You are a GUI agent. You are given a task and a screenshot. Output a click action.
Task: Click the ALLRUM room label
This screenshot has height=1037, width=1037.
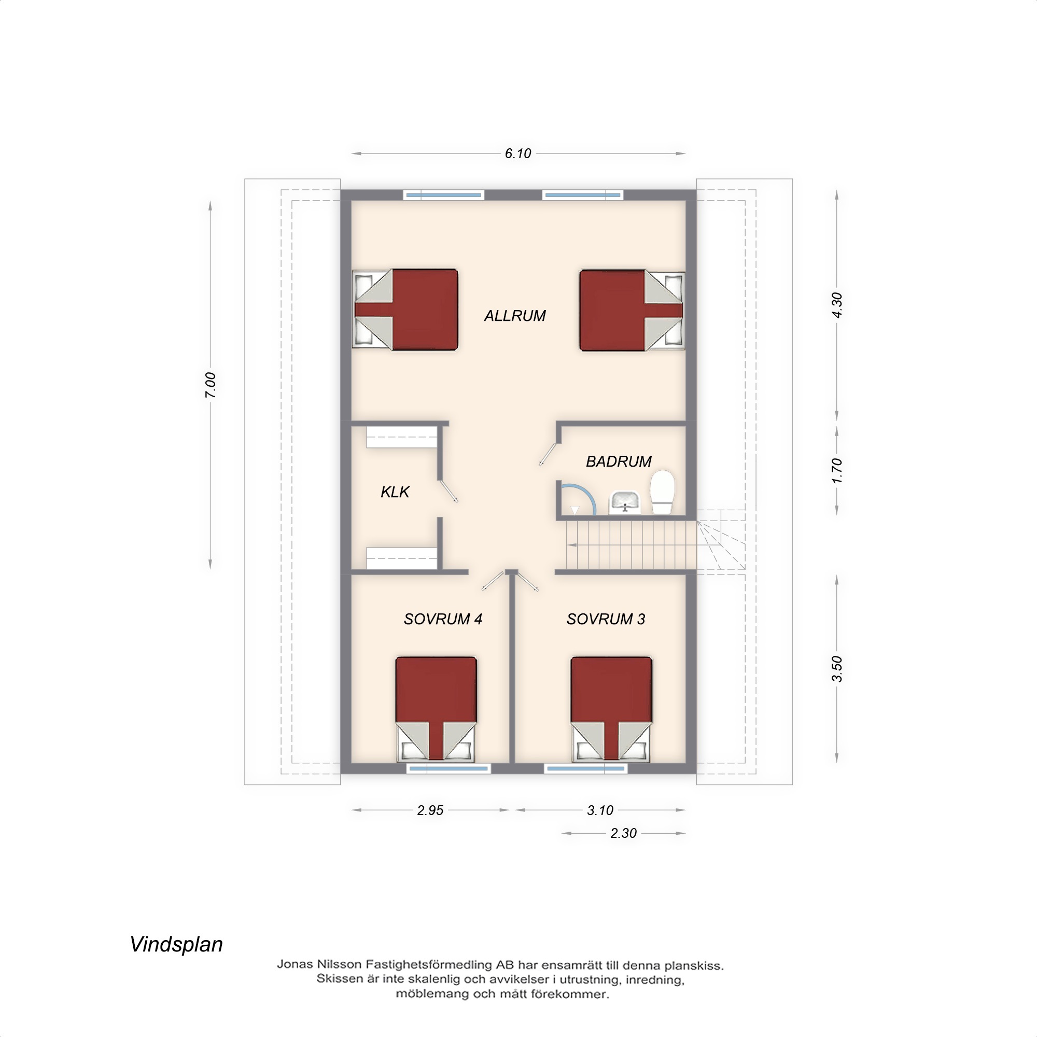click(515, 316)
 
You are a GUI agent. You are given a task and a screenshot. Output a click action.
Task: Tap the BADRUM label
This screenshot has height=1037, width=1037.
click(619, 461)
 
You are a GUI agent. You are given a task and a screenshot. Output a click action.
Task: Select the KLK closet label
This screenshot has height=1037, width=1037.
click(395, 492)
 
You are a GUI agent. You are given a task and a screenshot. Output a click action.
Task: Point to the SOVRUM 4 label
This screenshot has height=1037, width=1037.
click(443, 619)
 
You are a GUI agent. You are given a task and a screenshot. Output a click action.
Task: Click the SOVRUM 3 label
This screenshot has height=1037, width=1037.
click(606, 619)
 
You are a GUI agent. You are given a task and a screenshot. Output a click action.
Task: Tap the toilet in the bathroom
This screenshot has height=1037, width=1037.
click(662, 492)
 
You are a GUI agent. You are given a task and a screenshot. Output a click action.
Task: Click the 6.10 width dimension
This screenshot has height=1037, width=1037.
click(517, 153)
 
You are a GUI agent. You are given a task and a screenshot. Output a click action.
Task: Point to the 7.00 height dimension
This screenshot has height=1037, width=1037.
click(211, 385)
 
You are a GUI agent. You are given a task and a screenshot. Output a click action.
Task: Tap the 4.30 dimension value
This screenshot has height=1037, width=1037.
click(837, 305)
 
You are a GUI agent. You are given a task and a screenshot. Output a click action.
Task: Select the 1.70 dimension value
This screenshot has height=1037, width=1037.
click(837, 471)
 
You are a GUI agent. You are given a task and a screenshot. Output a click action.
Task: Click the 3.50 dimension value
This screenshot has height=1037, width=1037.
click(837, 669)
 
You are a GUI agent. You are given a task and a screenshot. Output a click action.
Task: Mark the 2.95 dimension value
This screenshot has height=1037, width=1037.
click(430, 810)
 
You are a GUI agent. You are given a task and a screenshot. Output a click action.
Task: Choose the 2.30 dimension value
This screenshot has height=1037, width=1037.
click(623, 833)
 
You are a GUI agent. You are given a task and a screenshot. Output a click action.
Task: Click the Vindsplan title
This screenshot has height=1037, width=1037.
click(176, 944)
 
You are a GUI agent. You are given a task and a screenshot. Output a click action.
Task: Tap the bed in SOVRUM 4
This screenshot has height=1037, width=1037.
click(436, 708)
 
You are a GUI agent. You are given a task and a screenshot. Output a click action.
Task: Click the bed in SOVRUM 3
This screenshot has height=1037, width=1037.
click(611, 708)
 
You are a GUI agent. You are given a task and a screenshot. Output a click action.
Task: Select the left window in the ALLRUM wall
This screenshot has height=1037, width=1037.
click(444, 195)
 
